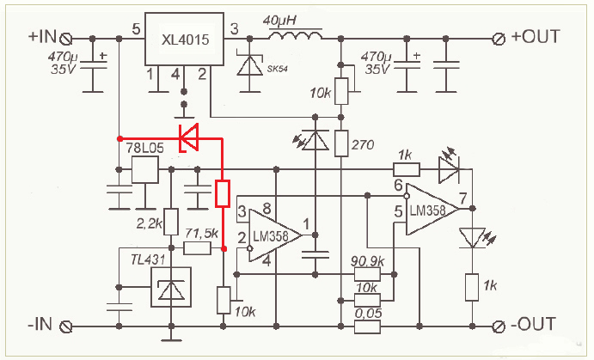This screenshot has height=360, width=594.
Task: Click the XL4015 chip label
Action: (185, 40)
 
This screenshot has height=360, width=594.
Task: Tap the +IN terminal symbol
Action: (66, 39)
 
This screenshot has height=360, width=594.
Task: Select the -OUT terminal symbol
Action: (499, 326)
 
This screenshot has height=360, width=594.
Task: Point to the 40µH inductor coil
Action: (296, 35)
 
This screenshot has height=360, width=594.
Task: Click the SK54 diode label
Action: (277, 70)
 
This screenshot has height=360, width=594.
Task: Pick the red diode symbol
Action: (188, 138)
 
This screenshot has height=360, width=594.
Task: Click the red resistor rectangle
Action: (223, 194)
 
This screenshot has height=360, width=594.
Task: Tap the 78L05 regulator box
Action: (144, 169)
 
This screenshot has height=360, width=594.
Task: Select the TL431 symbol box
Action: (171, 287)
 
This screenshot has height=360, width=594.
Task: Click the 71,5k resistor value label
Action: (201, 234)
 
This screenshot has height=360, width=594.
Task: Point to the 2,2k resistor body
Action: (171, 222)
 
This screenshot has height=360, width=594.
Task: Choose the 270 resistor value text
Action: (363, 144)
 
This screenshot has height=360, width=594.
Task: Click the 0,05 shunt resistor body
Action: (367, 326)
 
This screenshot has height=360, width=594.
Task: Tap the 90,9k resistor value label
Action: (367, 261)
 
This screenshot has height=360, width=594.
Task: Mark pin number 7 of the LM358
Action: (463, 198)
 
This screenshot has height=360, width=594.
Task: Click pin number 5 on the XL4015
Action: (137, 28)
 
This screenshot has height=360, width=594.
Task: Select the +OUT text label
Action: (536, 37)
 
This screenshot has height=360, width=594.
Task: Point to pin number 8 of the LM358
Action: (266, 209)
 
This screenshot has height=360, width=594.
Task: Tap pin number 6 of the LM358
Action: (398, 186)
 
